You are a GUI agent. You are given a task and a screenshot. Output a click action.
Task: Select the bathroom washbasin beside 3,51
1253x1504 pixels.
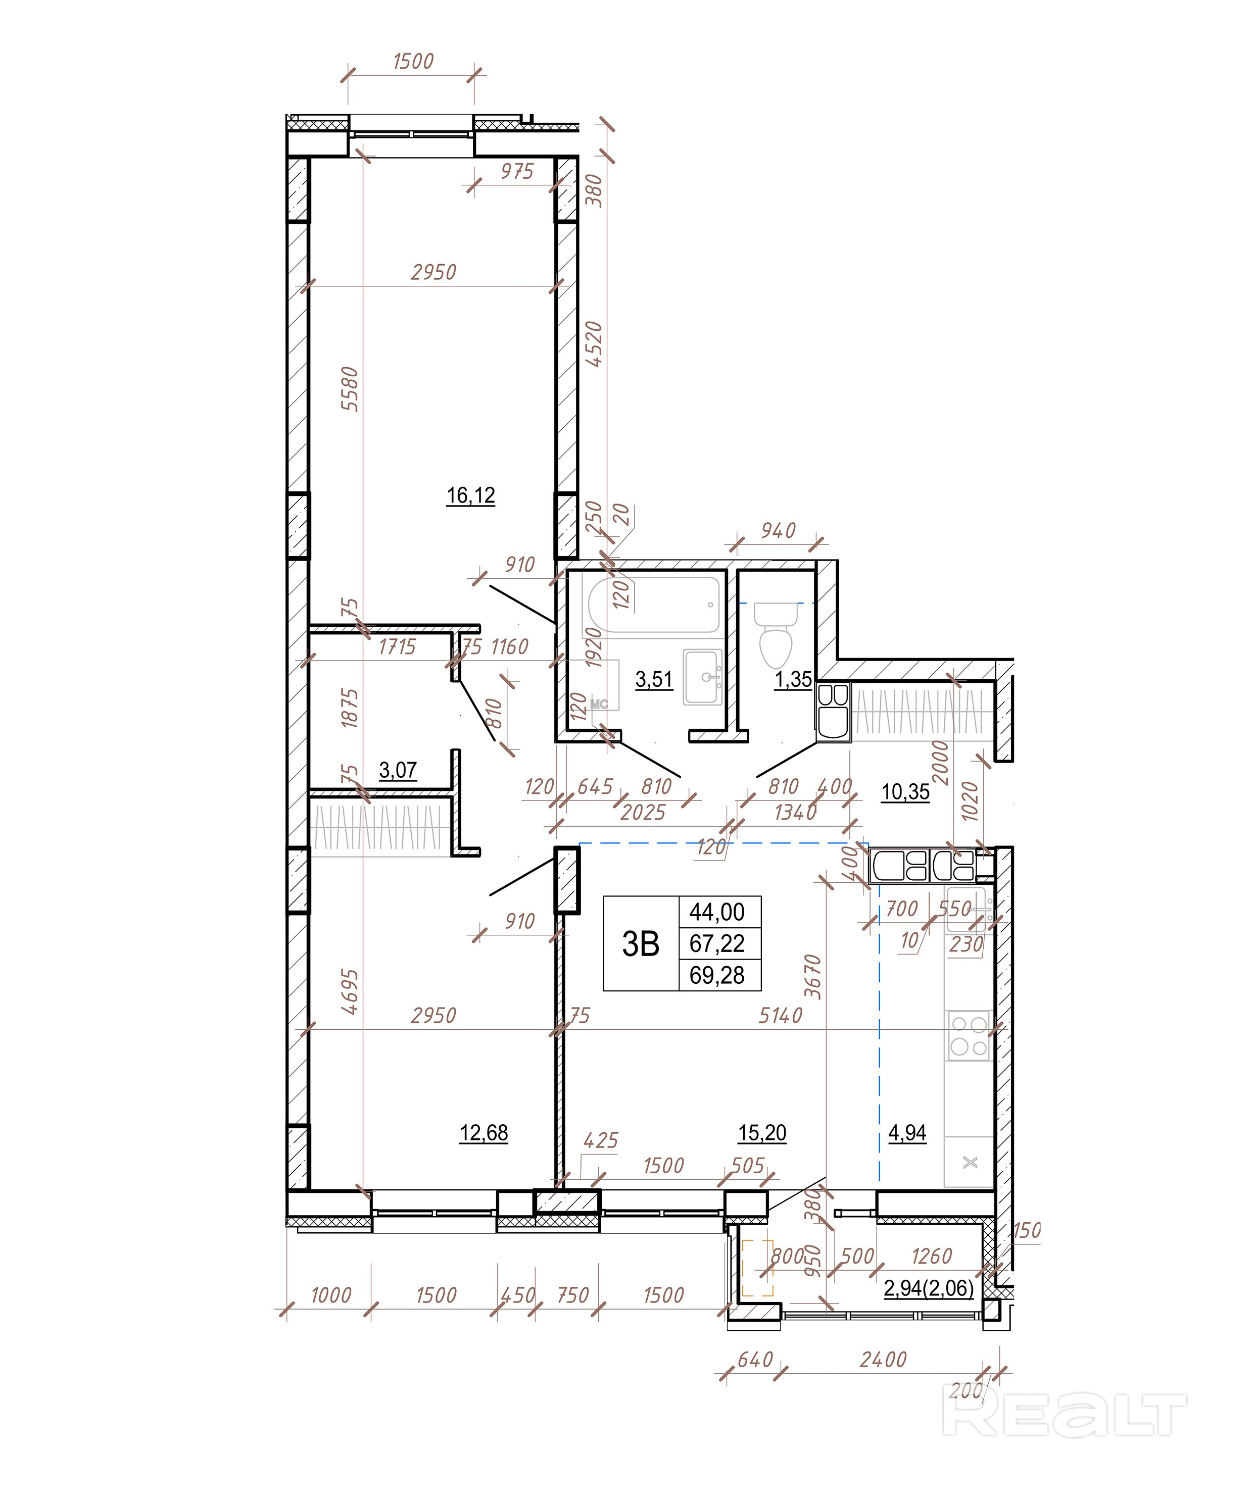click(703, 677)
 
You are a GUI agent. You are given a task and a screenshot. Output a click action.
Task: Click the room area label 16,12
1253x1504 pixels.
click(471, 495)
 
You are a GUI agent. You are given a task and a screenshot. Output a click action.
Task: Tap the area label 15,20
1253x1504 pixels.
click(762, 1132)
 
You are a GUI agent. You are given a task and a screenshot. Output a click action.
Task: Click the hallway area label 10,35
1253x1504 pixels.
click(905, 791)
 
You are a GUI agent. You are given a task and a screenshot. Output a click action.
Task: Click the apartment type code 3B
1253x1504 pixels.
click(641, 944)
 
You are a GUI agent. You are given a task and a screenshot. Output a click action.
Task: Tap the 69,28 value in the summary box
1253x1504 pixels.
click(717, 975)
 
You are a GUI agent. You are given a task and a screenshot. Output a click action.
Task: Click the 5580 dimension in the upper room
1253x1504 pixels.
click(350, 388)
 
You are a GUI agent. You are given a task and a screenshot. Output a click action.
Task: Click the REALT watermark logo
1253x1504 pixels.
click(1064, 1415)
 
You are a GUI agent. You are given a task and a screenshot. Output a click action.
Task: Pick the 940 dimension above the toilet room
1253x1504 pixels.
click(778, 531)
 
